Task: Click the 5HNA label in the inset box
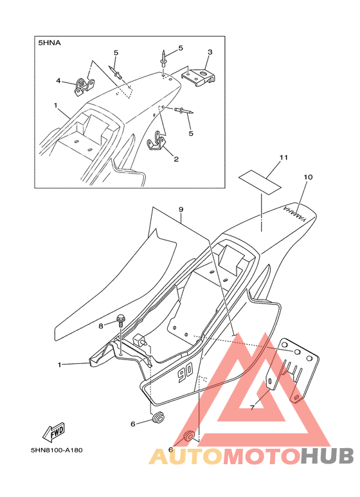click(49, 43)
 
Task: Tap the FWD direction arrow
click(54, 432)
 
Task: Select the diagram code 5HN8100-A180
click(57, 450)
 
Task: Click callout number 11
click(283, 158)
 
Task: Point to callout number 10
click(308, 177)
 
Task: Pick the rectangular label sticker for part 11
click(260, 181)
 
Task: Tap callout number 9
click(181, 210)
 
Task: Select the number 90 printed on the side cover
click(184, 375)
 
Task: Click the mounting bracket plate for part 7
click(292, 370)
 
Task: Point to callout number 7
click(252, 408)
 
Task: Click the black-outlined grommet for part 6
click(158, 417)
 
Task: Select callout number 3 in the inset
click(210, 52)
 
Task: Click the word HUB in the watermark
click(327, 456)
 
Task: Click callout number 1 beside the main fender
click(59, 365)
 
